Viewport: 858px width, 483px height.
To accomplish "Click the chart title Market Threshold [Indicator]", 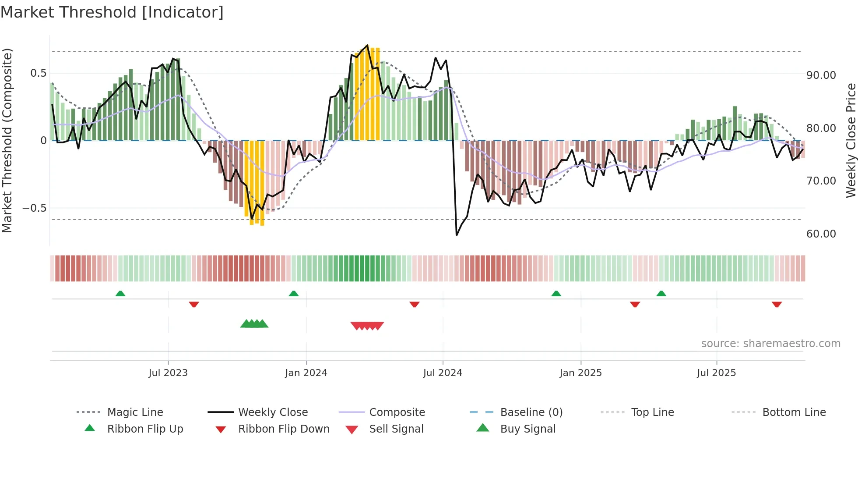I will (112, 12).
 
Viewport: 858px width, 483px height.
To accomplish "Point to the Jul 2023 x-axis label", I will (168, 373).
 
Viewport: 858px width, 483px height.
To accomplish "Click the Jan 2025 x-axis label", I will (580, 373).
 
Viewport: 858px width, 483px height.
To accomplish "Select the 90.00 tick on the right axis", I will (821, 75).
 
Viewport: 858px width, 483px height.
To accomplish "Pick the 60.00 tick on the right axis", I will (821, 234).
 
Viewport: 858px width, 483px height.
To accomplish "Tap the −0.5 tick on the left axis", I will (35, 208).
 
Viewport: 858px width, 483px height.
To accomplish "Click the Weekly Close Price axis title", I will (851, 140).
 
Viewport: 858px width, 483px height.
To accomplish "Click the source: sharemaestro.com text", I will (770, 344).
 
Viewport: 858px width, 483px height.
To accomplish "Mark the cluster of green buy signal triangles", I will (254, 324).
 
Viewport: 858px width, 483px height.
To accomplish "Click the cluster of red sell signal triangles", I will (367, 326).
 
